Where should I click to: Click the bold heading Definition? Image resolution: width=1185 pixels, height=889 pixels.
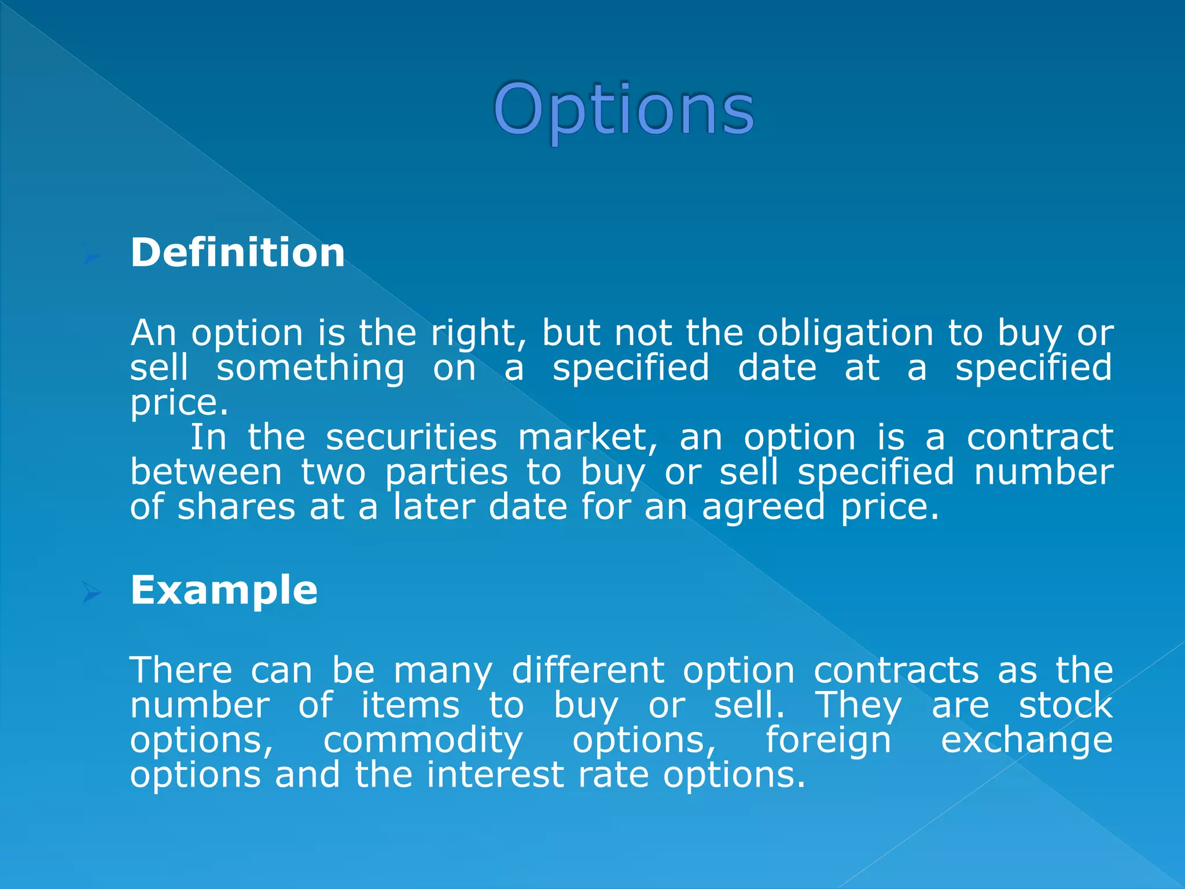pos(237,253)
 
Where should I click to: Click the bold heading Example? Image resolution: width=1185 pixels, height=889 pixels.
pos(224,590)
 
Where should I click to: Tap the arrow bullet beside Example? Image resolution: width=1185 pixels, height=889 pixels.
pos(91,592)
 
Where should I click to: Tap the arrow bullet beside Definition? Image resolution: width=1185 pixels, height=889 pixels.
pos(91,256)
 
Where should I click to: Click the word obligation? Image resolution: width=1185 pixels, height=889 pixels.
pos(845,334)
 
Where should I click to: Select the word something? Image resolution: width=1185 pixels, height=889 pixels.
pos(310,369)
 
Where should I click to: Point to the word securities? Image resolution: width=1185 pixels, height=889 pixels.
pos(411,437)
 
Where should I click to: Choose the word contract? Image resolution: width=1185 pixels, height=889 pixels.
pos(1040,437)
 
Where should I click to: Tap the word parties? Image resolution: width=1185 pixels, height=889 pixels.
pos(446,473)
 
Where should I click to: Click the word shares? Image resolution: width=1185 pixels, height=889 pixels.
pos(236,507)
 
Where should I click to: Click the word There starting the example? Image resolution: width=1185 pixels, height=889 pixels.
pos(181,670)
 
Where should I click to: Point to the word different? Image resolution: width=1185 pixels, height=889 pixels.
pos(588,670)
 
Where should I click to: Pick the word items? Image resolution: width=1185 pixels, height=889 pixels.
pos(410,706)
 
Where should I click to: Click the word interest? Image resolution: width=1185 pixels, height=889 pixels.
pos(495,775)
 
